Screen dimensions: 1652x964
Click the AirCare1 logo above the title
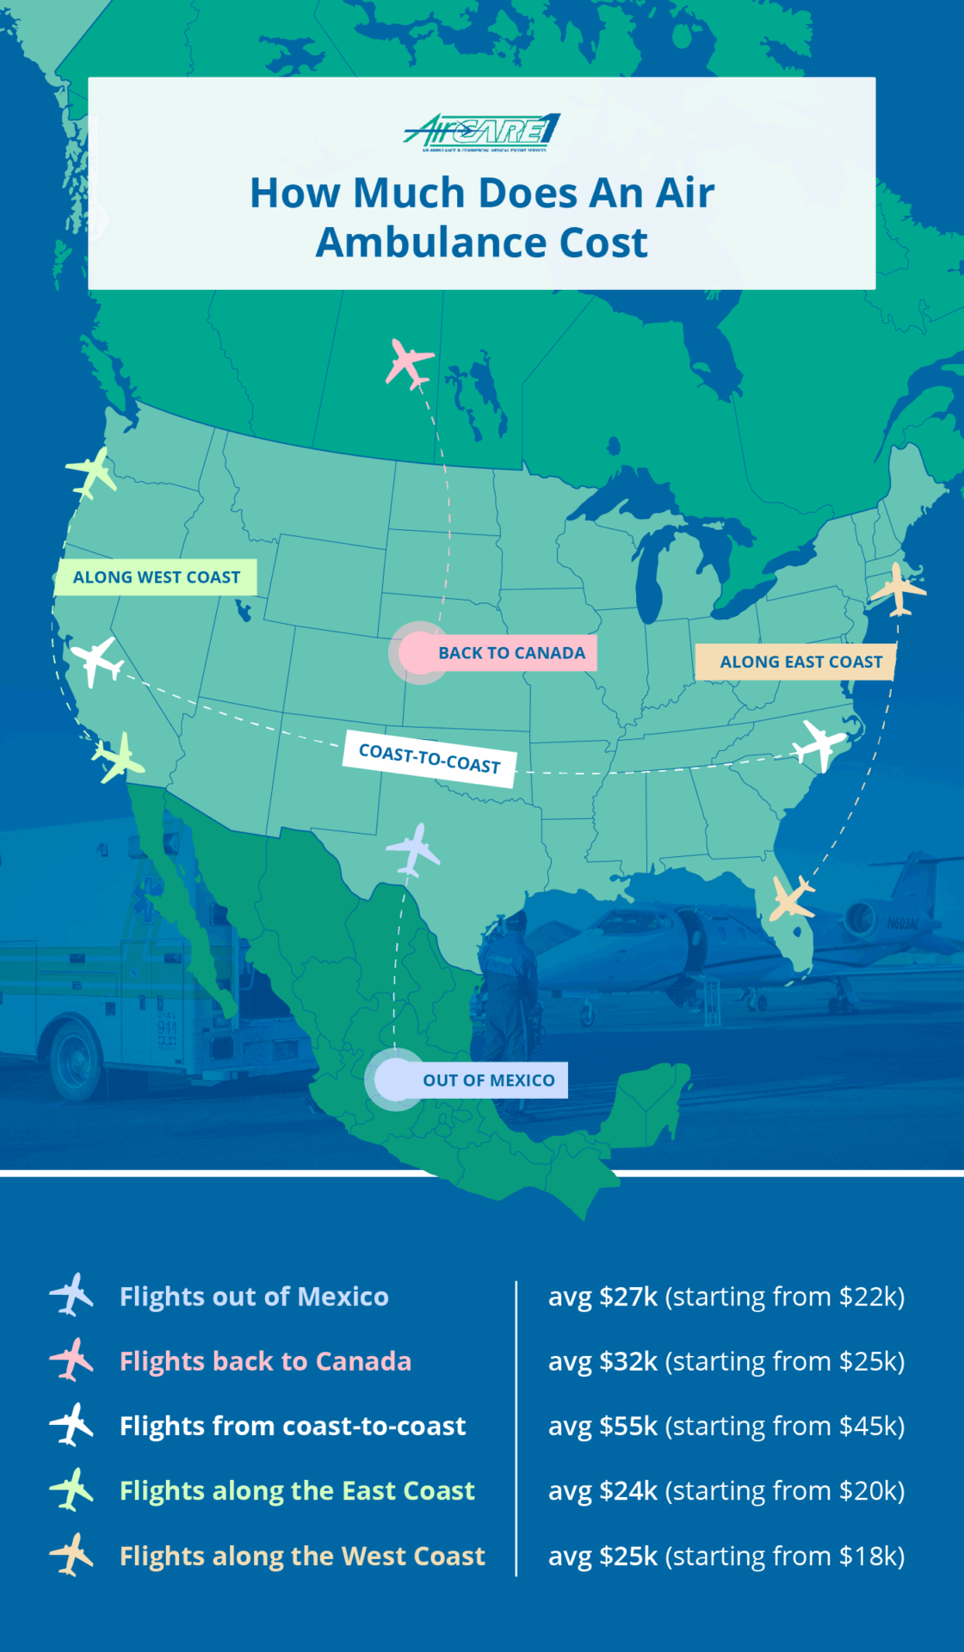tap(482, 133)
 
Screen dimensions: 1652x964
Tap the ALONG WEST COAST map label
tap(156, 577)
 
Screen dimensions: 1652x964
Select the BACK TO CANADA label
tap(511, 653)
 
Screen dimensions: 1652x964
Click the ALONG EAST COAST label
tap(800, 662)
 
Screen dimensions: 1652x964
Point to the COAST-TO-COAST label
tap(429, 759)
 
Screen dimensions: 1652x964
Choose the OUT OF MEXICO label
tap(488, 1080)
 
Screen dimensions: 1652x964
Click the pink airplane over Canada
tap(408, 362)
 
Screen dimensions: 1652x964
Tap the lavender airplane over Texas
tap(414, 849)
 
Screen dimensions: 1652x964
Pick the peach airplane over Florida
tap(791, 897)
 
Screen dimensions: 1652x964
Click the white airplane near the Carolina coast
tap(819, 743)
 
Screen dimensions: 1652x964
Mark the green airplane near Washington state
tap(92, 472)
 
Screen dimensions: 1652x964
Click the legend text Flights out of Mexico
tap(254, 1297)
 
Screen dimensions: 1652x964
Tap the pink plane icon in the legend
tap(71, 1359)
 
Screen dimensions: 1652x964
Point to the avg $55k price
tap(602, 1426)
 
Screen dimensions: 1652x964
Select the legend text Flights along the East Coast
tap(297, 1490)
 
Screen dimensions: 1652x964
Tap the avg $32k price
tap(602, 1361)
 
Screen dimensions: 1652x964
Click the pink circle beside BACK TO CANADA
tap(418, 653)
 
